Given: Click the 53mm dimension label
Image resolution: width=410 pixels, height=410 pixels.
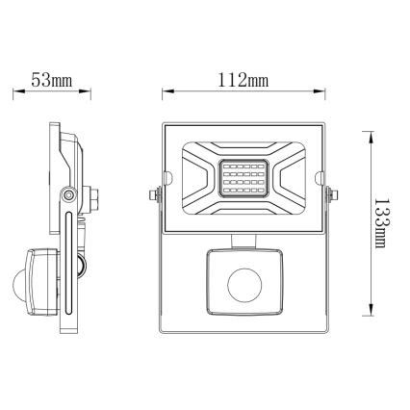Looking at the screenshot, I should click(x=53, y=80).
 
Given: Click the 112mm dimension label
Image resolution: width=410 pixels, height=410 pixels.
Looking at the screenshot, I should click(x=243, y=80).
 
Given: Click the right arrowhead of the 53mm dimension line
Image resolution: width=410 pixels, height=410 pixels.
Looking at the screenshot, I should click(x=92, y=94).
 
